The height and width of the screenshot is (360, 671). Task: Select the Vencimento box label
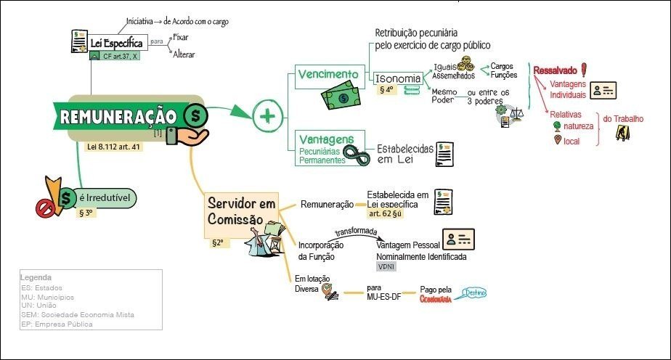(x=328, y=74)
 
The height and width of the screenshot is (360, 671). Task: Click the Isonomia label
(x=398, y=78)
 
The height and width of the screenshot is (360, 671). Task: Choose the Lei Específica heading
(x=116, y=42)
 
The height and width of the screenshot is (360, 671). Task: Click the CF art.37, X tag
(x=119, y=56)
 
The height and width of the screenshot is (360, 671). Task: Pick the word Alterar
(x=184, y=54)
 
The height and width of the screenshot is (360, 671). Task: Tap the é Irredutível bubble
(x=106, y=197)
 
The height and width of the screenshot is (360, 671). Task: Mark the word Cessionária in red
(x=436, y=298)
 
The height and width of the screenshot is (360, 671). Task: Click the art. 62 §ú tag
(x=385, y=214)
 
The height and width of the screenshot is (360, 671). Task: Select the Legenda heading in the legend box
(x=36, y=278)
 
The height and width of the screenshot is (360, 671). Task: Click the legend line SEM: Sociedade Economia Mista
(x=78, y=315)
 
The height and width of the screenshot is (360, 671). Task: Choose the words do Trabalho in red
(x=623, y=119)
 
